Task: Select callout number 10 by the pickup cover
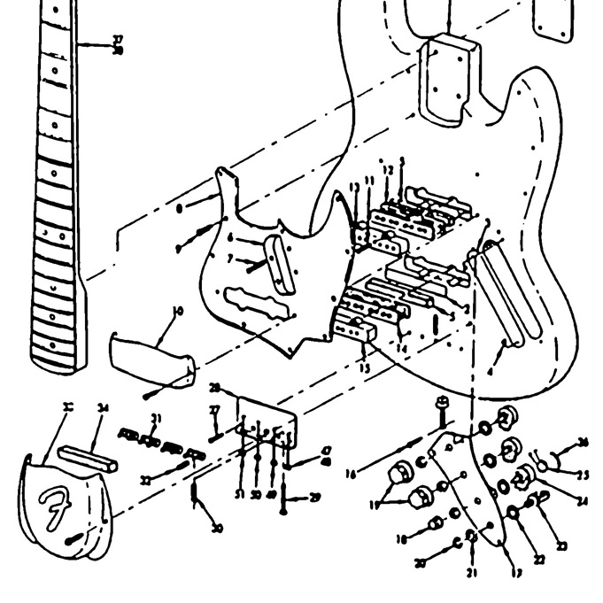tap(178, 313)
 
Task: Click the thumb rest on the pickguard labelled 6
tap(282, 263)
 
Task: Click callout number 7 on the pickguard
tap(228, 259)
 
